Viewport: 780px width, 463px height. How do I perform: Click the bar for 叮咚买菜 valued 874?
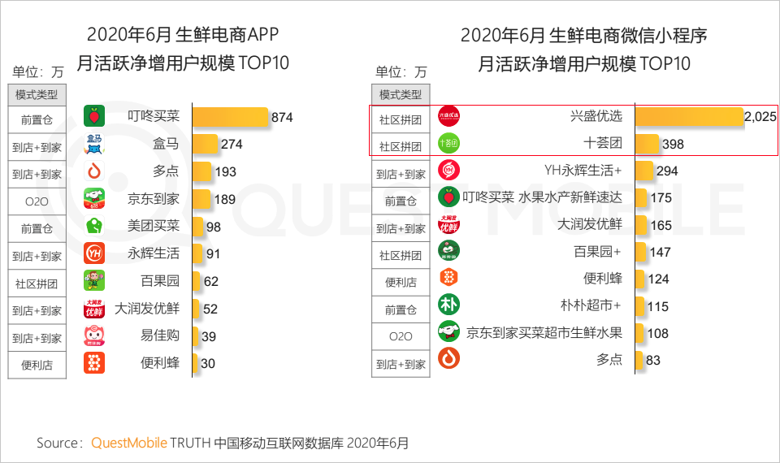[x=230, y=117]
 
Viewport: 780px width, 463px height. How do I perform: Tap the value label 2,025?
[x=760, y=117]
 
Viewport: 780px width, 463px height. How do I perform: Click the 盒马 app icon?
[x=94, y=145]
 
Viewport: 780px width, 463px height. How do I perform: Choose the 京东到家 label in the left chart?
[x=154, y=199]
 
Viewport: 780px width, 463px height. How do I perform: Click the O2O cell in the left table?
[x=37, y=199]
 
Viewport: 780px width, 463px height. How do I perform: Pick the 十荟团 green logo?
[x=449, y=144]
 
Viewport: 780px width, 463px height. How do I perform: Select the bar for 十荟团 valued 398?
[x=647, y=144]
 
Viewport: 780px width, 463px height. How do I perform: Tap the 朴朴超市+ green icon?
[x=449, y=305]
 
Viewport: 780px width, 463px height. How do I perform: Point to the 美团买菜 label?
[x=154, y=226]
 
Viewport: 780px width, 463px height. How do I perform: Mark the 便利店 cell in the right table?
[x=401, y=283]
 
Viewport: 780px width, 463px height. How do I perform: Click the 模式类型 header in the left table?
[x=37, y=94]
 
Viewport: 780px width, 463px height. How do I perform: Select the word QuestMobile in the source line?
[x=129, y=444]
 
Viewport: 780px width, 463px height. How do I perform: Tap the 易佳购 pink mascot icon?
[x=94, y=335]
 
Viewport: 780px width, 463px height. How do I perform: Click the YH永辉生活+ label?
[x=583, y=171]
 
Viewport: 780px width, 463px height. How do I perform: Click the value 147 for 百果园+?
[x=660, y=253]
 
